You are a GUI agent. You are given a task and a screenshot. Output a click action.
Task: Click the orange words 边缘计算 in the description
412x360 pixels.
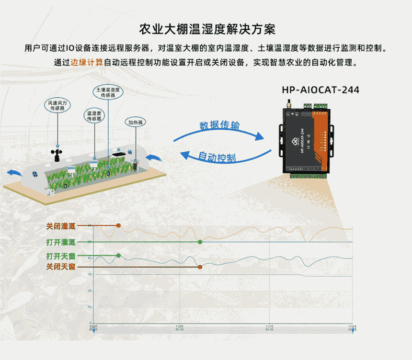click(x=87, y=63)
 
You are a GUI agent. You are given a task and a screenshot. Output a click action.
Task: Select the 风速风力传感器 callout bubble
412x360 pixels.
click(x=57, y=105)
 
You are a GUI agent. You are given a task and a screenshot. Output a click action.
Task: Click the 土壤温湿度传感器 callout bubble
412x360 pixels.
click(x=108, y=92)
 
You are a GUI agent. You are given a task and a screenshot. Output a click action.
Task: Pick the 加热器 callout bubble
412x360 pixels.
click(x=136, y=123)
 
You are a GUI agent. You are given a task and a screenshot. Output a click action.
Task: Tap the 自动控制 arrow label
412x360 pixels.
click(x=217, y=157)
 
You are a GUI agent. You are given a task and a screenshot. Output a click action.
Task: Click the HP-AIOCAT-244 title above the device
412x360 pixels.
click(x=320, y=90)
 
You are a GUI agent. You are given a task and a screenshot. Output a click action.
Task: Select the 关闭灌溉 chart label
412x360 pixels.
click(x=61, y=225)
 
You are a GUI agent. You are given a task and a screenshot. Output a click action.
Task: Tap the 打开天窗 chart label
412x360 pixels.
click(x=61, y=256)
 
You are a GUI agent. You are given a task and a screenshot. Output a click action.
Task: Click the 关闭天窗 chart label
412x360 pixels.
click(x=61, y=266)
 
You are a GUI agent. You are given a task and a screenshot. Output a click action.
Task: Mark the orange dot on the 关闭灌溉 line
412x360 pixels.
click(x=118, y=225)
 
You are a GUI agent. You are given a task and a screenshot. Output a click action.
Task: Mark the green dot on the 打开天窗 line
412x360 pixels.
click(x=118, y=255)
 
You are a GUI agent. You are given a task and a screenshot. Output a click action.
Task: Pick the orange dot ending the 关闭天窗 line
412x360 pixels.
click(x=200, y=266)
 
